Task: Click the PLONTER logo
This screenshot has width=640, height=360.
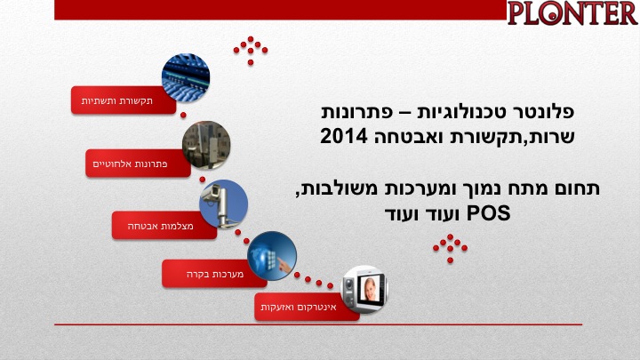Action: coord(572,13)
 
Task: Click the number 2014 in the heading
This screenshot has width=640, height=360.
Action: coord(344,136)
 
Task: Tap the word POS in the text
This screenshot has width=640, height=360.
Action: coord(488,213)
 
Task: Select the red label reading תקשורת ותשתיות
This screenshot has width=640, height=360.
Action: coord(124,100)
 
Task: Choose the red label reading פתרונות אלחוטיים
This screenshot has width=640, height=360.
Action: coord(138,164)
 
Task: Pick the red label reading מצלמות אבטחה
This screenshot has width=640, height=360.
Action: coord(164,225)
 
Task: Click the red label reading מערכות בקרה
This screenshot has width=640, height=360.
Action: coord(214,274)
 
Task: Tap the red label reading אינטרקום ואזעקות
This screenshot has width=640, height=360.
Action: coord(307,307)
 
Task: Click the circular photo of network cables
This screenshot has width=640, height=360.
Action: coord(186,77)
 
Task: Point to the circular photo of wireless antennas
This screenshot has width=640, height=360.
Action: coord(206,145)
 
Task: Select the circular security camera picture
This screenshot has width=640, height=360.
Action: coord(224,204)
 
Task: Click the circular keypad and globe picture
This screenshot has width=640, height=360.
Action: coord(272,256)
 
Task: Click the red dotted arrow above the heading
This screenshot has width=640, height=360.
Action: coord(250,51)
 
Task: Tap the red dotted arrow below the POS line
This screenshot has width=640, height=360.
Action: coord(450,249)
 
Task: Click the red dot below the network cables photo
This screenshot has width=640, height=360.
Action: coord(183,115)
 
